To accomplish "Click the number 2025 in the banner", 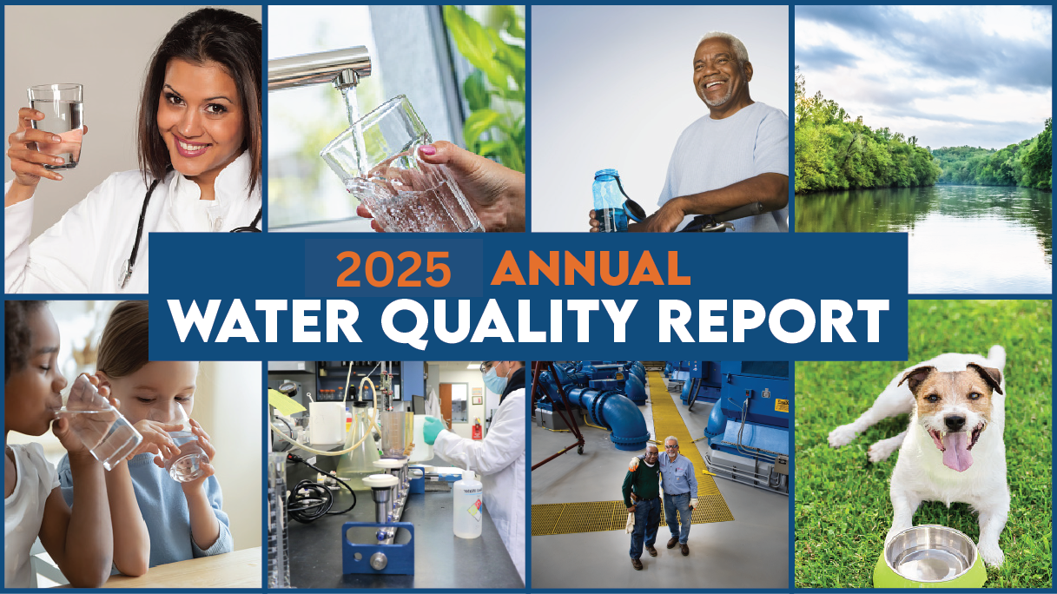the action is (x=393, y=269).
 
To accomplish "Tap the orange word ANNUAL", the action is (x=591, y=268).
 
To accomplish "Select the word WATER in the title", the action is (x=265, y=320).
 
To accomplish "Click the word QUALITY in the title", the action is (x=506, y=323).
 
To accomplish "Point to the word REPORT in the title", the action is (x=773, y=320).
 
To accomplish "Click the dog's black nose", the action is (x=955, y=422).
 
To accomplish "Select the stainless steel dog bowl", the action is (x=930, y=554).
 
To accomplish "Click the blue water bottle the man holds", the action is (x=611, y=201).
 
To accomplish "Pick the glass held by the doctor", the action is (x=56, y=126).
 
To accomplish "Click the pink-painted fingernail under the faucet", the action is (x=427, y=150).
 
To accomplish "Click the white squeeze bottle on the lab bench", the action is (x=467, y=505).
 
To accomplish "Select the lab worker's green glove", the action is (x=433, y=429).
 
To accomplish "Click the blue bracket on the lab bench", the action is (x=378, y=548).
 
